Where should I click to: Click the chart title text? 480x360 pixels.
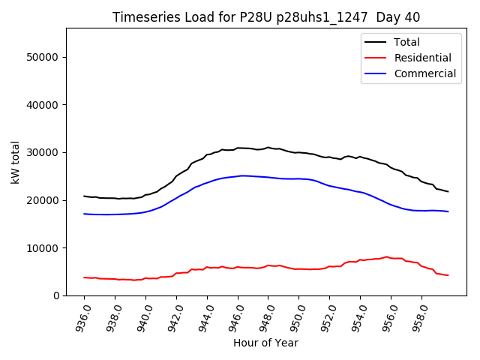coord(266,17)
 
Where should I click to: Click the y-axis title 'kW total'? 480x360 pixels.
coord(15,162)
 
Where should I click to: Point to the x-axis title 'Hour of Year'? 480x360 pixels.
coord(265,343)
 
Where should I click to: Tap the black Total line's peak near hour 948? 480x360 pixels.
coord(268,147)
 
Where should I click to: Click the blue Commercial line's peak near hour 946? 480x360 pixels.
coord(241,175)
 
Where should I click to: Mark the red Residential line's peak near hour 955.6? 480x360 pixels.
coord(386,256)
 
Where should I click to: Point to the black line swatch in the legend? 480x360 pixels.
coord(375,42)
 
